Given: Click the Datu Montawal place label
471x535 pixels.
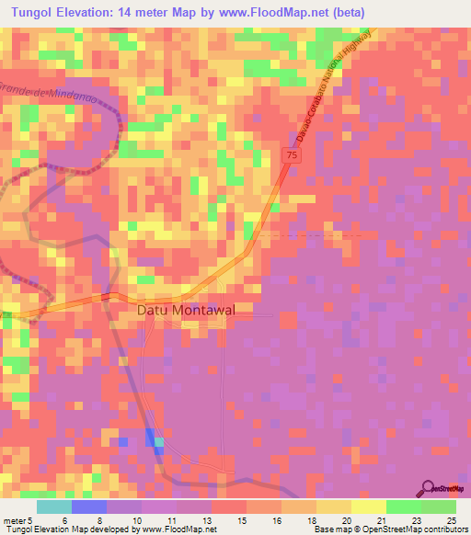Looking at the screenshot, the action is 186,311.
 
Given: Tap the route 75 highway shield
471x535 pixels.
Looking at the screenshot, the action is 290,157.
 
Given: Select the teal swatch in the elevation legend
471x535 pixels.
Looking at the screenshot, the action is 53,507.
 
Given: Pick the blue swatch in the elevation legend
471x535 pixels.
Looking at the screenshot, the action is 88,507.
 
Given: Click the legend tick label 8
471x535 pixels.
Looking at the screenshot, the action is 100,519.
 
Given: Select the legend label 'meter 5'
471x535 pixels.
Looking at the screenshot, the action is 19,519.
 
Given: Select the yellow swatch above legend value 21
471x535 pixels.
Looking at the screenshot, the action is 368,507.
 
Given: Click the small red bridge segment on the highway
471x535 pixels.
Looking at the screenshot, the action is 107,296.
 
